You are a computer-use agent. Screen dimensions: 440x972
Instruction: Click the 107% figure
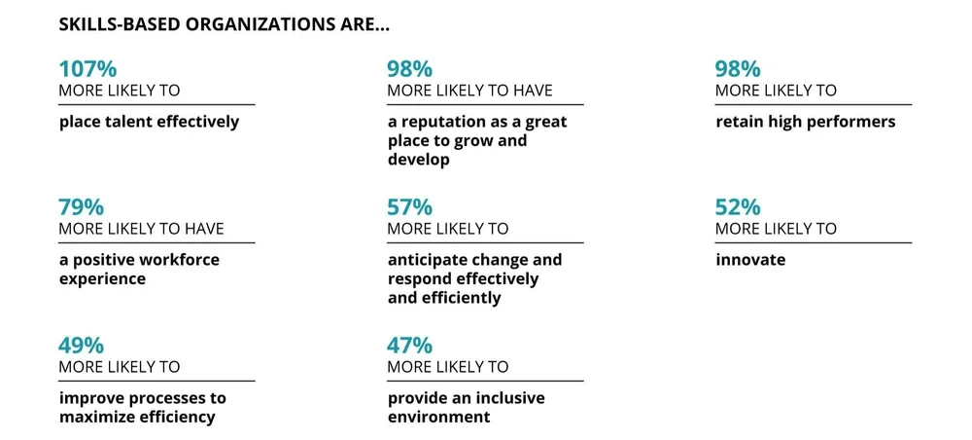coord(87,69)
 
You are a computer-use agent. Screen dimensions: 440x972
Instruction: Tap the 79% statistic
coord(82,207)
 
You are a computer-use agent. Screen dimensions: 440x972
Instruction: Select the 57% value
coord(409,207)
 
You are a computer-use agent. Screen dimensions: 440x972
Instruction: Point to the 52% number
coord(738,207)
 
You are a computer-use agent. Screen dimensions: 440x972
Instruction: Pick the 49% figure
coord(82,346)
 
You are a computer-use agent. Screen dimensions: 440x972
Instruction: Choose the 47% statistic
coord(409,346)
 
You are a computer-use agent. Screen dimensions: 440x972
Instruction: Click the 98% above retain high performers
coord(738,69)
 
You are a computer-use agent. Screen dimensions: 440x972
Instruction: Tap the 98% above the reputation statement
coord(409,69)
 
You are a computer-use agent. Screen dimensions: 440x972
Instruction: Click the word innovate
coord(750,261)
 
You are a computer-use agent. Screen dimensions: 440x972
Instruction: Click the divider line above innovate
coord(814,242)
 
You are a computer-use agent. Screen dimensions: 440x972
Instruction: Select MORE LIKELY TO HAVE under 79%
coord(141,229)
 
